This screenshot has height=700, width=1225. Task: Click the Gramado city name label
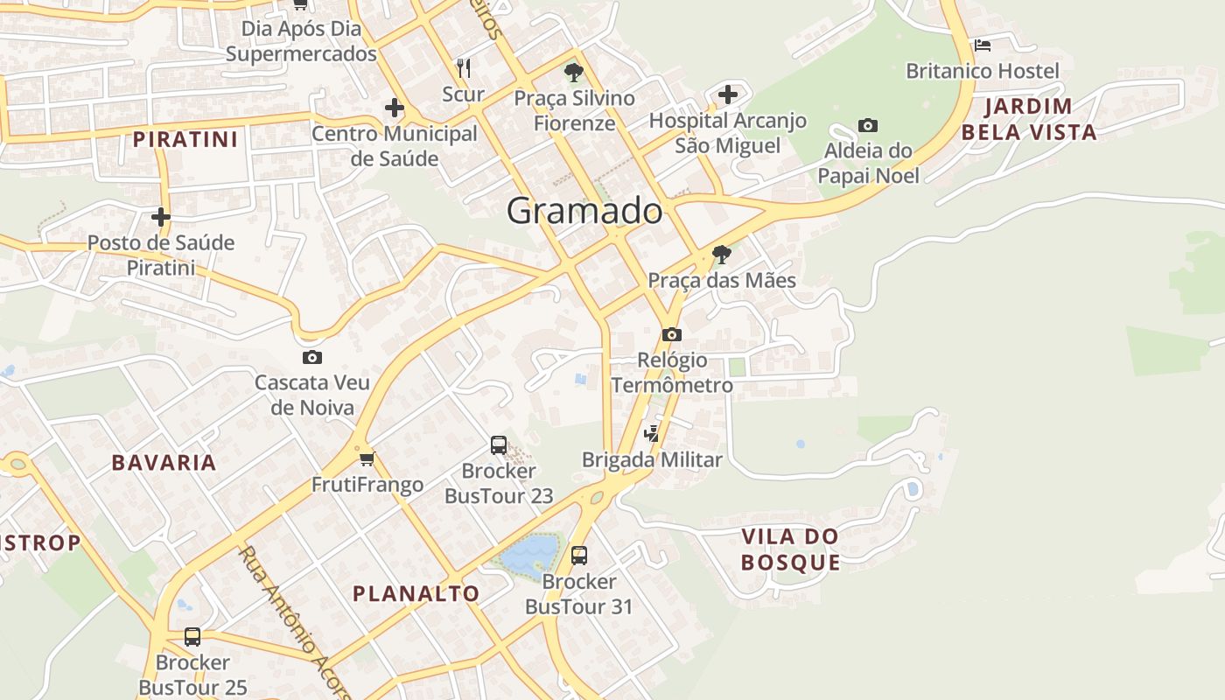(584, 211)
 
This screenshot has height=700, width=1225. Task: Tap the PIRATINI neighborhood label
(185, 139)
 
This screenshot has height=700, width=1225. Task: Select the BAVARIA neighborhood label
(164, 463)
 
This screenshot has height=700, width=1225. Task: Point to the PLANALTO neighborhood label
(416, 593)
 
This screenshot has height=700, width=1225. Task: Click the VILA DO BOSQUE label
(790, 549)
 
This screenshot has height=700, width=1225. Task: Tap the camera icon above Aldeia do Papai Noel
(868, 126)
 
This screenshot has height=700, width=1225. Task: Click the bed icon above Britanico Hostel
(982, 45)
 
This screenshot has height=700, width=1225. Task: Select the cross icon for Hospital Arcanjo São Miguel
(728, 94)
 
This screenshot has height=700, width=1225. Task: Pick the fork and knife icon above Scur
(464, 67)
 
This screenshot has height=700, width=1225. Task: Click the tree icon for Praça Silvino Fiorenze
(574, 73)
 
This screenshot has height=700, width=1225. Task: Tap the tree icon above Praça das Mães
(722, 255)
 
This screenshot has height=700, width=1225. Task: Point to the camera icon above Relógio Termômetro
(672, 334)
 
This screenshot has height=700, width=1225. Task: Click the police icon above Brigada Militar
(652, 432)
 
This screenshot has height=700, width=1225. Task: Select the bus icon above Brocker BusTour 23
(499, 445)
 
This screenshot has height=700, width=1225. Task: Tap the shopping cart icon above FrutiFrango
(367, 458)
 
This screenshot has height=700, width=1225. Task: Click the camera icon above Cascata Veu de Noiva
(312, 357)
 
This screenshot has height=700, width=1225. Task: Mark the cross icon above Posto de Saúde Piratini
(161, 217)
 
